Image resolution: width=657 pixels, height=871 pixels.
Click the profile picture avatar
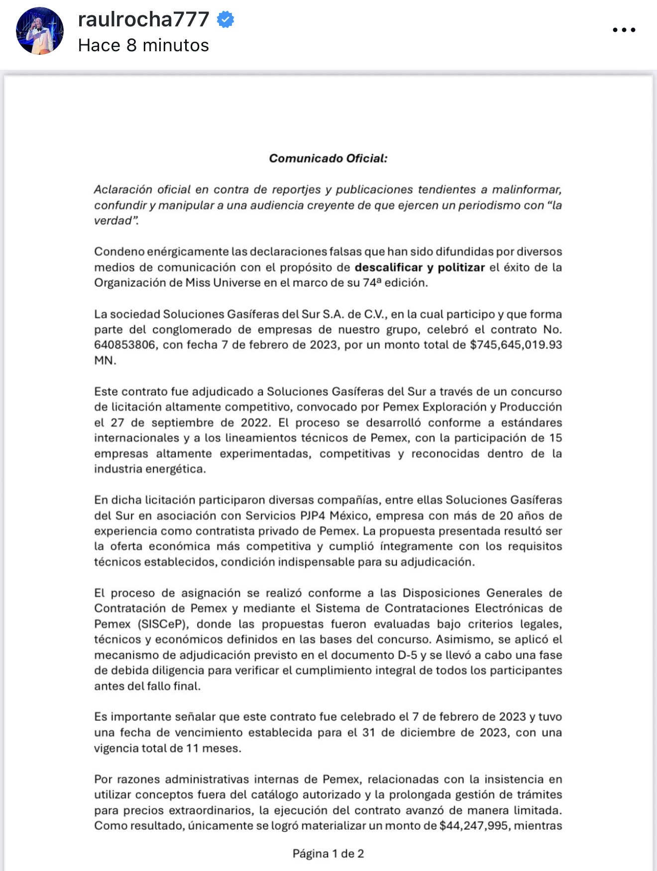[x=40, y=31]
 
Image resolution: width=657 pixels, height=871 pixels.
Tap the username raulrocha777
[x=144, y=19]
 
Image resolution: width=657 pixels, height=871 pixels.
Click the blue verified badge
[x=226, y=19]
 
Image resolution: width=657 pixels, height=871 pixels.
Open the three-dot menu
[x=624, y=30]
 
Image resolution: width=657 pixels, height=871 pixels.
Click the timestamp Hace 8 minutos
[x=143, y=45]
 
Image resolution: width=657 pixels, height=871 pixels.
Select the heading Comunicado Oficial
[x=328, y=158]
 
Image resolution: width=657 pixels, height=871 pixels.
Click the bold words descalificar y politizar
[x=420, y=267]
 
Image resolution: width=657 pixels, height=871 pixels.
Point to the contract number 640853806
[x=124, y=345]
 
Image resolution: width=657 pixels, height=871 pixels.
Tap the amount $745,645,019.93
[x=516, y=345]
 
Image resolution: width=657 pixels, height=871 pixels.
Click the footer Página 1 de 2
[x=328, y=854]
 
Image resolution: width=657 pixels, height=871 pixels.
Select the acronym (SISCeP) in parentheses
[x=163, y=624]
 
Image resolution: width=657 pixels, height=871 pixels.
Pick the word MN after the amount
[x=105, y=360]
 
